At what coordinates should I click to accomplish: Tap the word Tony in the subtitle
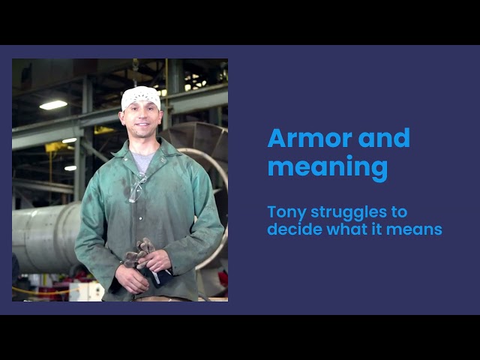coord(286,212)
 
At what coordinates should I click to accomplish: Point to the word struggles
coord(349,212)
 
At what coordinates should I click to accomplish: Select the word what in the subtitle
coord(346,229)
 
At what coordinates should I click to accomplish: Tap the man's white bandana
coord(140,97)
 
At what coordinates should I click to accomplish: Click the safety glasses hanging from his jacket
coord(136,189)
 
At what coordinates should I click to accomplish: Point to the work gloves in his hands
coord(140,254)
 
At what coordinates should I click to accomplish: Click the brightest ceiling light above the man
coord(53,105)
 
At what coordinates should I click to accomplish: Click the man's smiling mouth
coord(142,124)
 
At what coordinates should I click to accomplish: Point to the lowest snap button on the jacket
coord(140,218)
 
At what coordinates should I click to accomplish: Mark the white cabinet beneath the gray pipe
coord(86,292)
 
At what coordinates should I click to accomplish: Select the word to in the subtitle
coord(399,211)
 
